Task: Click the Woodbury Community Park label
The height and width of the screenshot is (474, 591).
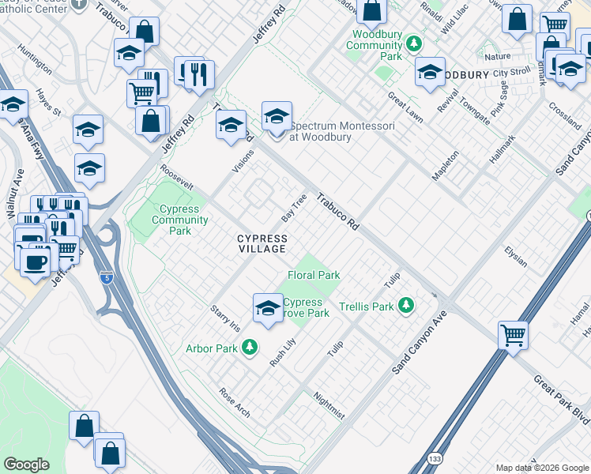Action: pyautogui.click(x=374, y=46)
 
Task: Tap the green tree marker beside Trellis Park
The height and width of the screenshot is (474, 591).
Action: pyautogui.click(x=407, y=305)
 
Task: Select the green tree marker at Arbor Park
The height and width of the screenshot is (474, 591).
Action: pyautogui.click(x=250, y=347)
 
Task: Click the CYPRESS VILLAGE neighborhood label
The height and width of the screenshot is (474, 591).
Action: pyautogui.click(x=262, y=243)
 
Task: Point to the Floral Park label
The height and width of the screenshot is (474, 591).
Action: pyautogui.click(x=314, y=276)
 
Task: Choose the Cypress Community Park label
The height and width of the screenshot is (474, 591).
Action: pyautogui.click(x=180, y=220)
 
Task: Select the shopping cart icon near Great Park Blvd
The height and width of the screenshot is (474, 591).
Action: pyautogui.click(x=514, y=336)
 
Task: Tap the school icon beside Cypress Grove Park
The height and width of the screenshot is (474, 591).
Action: pyautogui.click(x=268, y=307)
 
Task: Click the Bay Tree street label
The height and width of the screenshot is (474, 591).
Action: pyautogui.click(x=294, y=206)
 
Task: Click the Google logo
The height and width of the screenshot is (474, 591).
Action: pyautogui.click(x=26, y=465)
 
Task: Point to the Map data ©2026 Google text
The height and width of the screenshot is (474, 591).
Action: pyautogui.click(x=542, y=468)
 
